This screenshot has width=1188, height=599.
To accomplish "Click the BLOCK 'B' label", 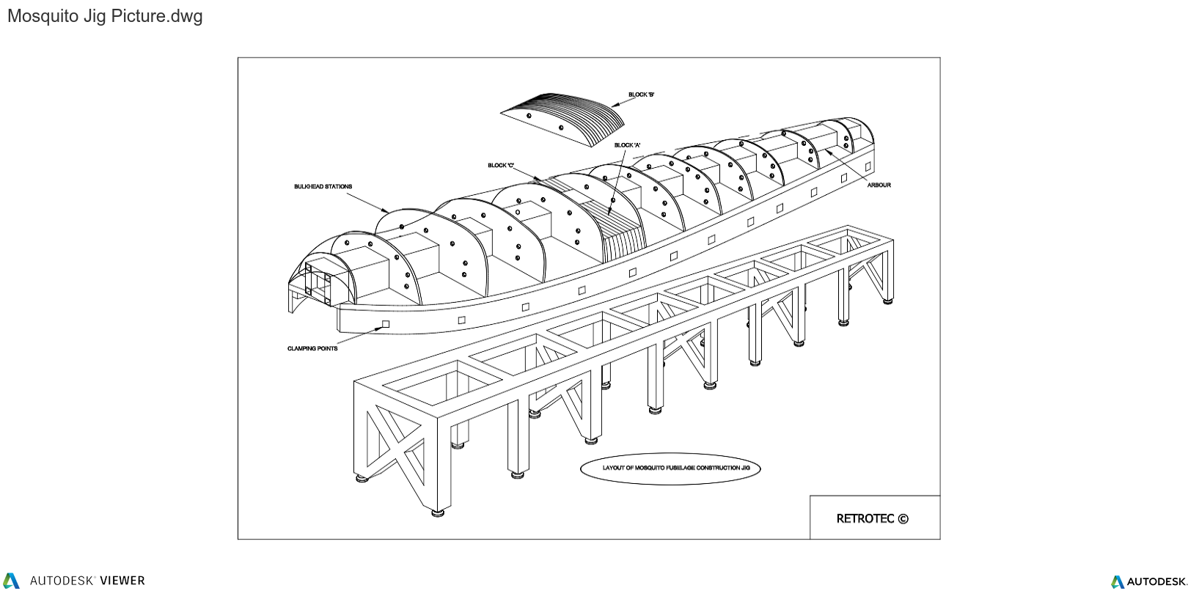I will pos(641,95).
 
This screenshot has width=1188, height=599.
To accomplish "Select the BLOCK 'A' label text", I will pos(627,145).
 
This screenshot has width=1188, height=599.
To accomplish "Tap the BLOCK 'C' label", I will pos(501,166).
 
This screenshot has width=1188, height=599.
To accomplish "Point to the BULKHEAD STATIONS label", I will pos(323,187).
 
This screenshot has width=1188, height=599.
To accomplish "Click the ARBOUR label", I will pos(879,185).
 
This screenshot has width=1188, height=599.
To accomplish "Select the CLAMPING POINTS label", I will pos(312,349).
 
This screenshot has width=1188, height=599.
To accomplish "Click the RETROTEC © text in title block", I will pos(872,518).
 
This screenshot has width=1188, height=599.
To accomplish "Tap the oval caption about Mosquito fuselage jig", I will pos(670,468).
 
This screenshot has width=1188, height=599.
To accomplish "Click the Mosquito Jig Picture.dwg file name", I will pos(105,16).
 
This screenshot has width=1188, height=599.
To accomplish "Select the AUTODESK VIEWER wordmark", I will pos(87,581).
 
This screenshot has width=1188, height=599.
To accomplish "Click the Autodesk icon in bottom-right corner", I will pos(1117,582).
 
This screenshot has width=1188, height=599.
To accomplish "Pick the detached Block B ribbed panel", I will pos(563,120).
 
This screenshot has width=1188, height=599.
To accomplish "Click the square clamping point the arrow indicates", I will pos(385,323).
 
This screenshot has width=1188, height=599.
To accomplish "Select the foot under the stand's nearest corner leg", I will pos(438,512).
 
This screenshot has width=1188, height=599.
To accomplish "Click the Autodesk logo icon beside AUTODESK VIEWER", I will pos(11,581).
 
